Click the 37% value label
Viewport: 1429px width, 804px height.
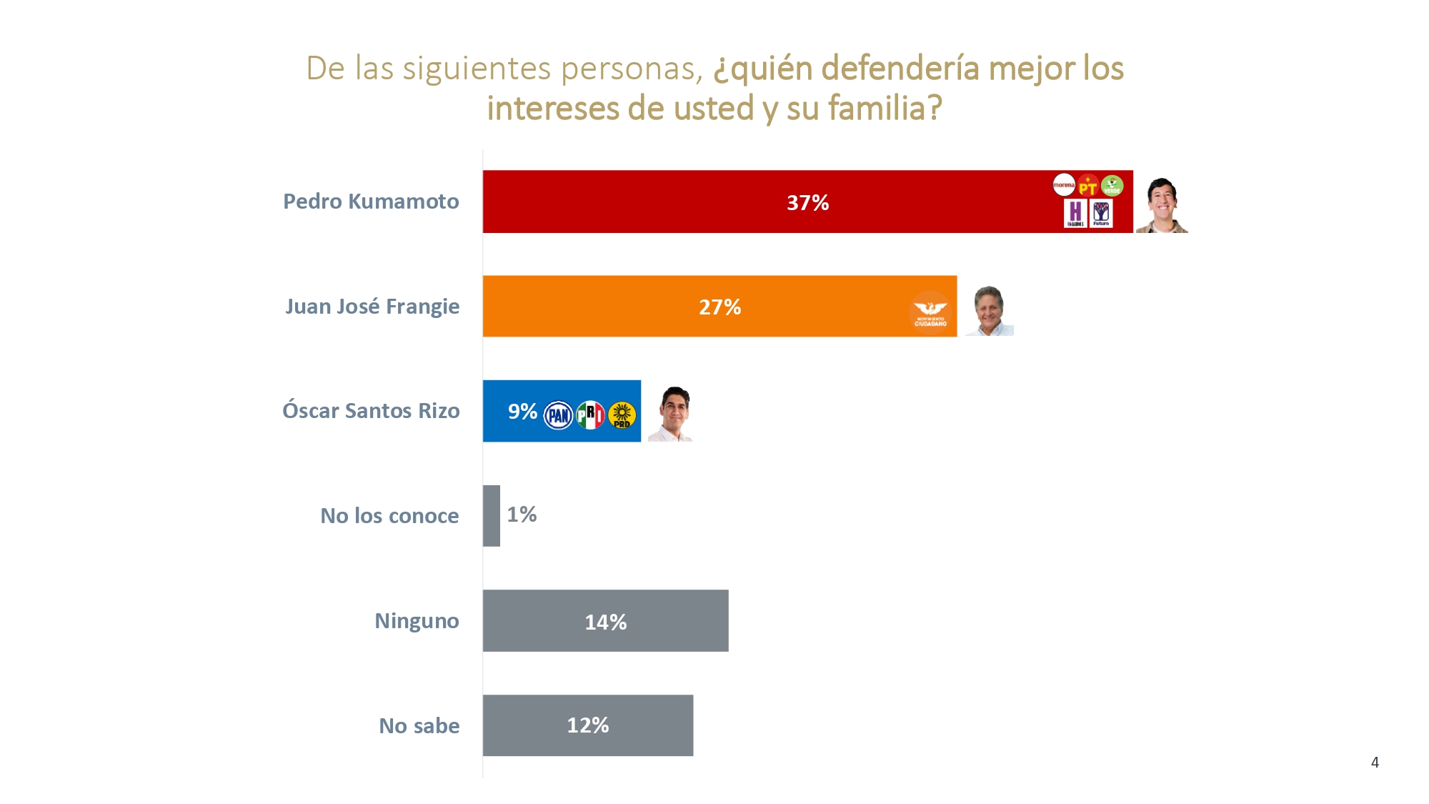(807, 203)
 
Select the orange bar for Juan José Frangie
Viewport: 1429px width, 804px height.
(607, 307)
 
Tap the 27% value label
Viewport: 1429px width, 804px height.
(720, 307)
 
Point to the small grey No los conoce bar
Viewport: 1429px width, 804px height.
(492, 516)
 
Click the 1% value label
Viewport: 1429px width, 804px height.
(522, 515)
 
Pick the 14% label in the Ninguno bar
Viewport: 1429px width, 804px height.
(605, 622)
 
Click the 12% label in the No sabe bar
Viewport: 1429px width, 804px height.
(587, 725)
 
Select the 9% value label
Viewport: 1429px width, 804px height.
(522, 412)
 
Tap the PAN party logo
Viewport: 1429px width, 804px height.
(559, 415)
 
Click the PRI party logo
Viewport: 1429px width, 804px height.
(590, 415)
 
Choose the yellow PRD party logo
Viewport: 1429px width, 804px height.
(622, 415)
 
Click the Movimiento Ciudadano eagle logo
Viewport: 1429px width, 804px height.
(930, 312)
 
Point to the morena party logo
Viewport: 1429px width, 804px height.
(1064, 185)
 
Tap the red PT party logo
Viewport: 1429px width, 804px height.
(1087, 186)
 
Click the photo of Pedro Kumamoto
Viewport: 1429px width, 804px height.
(1162, 205)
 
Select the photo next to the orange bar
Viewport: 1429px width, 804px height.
(990, 311)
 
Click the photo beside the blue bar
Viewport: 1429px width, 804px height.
(672, 414)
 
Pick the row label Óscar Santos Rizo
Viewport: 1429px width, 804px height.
(371, 411)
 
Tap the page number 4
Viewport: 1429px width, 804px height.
(1375, 763)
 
